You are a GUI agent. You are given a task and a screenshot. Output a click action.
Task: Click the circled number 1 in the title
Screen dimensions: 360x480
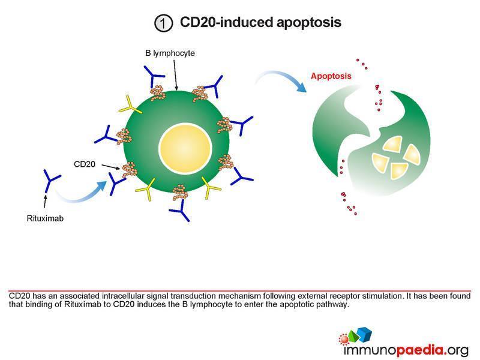162,23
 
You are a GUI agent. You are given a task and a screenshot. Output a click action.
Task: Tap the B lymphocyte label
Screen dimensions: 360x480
170,53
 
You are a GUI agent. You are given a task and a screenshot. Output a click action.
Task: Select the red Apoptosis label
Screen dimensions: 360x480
331,76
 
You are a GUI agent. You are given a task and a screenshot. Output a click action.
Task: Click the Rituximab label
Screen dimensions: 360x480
46,218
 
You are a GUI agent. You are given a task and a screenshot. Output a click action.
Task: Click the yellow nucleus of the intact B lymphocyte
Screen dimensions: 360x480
185,148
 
